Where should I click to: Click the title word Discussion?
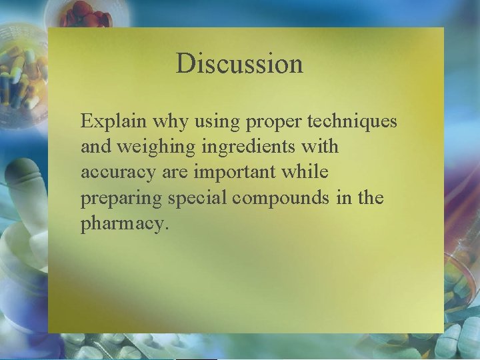coord(239,64)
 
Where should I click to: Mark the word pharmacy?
coord(125,225)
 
